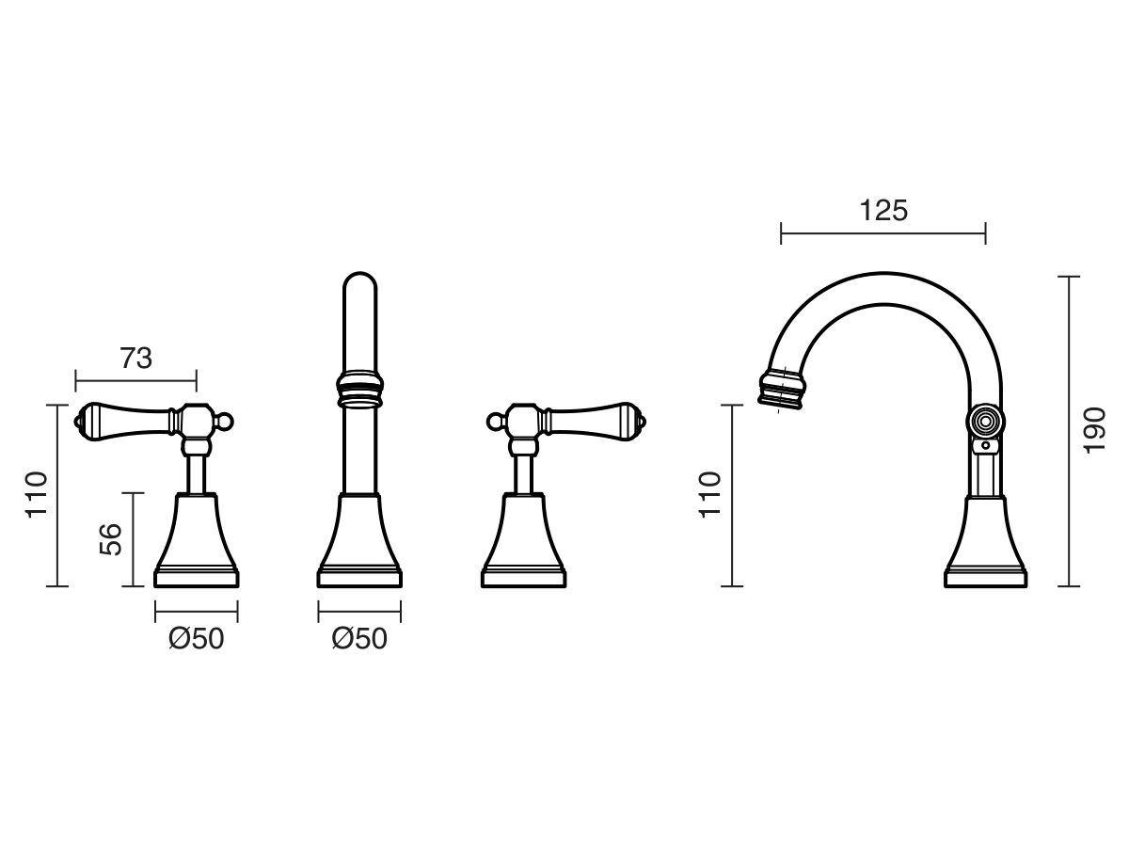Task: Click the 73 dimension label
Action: click(x=136, y=359)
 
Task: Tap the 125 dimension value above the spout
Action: click(x=883, y=210)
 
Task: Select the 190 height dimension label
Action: click(x=1094, y=431)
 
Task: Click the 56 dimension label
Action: click(x=111, y=539)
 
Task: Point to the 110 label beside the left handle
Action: click(x=37, y=495)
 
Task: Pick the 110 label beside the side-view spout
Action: click(x=709, y=495)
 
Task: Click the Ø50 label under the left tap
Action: click(x=197, y=639)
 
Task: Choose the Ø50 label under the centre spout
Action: click(x=359, y=639)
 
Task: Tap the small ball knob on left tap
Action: click(x=226, y=422)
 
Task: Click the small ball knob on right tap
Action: click(x=494, y=422)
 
